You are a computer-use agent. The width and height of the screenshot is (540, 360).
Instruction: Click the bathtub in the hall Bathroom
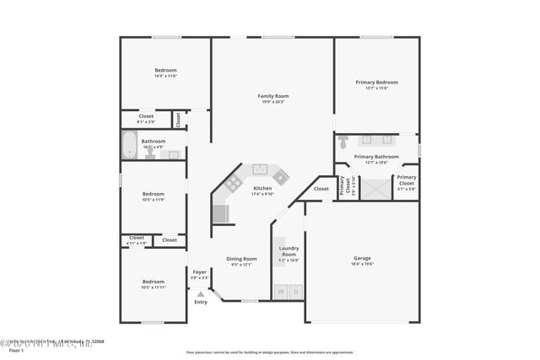(130, 146)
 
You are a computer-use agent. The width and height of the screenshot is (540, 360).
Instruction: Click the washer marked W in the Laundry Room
(281, 292)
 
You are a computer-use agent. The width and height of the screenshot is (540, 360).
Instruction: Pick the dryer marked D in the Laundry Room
(295, 292)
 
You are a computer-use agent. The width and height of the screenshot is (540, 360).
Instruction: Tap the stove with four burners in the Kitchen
(233, 182)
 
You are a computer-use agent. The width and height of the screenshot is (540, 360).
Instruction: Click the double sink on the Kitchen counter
(259, 169)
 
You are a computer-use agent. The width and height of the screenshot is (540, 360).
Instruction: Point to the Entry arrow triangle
(200, 293)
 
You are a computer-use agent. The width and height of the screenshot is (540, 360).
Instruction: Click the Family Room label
(273, 96)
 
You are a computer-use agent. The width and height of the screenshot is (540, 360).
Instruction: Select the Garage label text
(362, 258)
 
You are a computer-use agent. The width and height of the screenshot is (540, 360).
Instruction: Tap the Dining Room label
(240, 259)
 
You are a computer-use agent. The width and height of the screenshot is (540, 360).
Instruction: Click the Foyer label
(200, 271)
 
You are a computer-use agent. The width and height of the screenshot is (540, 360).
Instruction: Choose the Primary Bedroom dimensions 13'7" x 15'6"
(376, 89)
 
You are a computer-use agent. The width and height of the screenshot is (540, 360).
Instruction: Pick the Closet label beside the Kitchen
(321, 189)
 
